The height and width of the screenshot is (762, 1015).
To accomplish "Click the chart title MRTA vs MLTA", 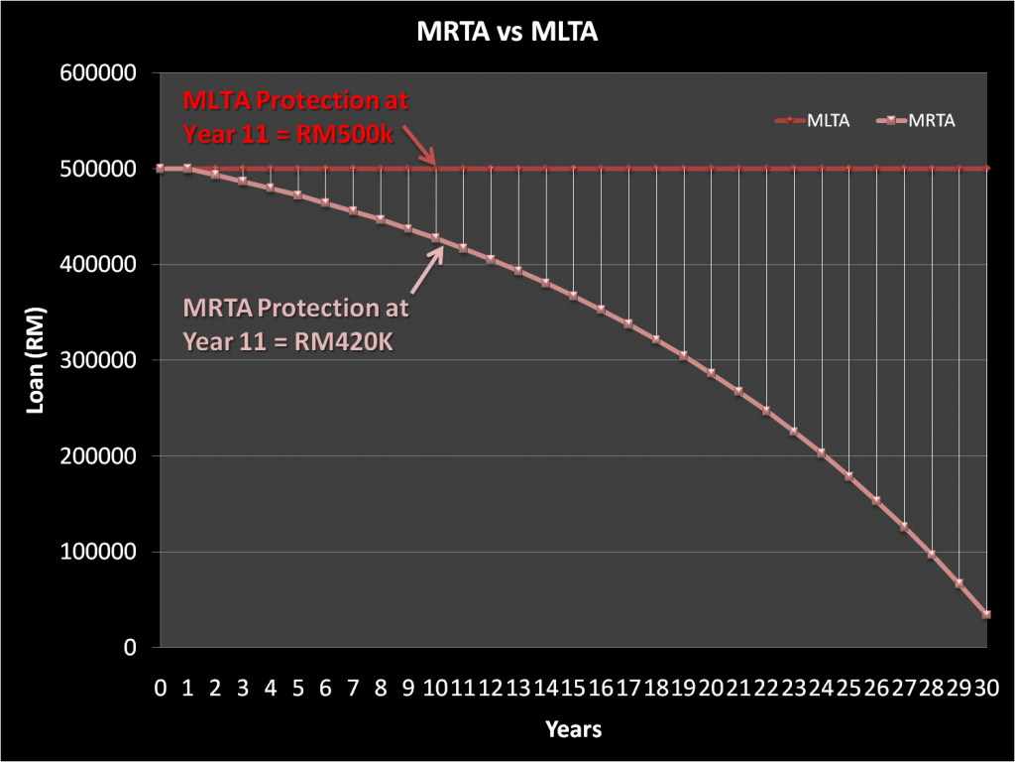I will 507,34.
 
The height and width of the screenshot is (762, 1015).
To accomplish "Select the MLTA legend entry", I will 820,120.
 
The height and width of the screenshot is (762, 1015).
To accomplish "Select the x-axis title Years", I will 573,730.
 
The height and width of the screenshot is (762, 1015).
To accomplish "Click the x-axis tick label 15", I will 573,687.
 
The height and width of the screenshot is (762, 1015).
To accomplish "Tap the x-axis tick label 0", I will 160,687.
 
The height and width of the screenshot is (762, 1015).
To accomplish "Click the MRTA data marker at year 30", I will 986,614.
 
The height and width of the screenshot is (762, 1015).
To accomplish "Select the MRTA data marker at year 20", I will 711,373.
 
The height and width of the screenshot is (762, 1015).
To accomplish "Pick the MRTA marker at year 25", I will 848,476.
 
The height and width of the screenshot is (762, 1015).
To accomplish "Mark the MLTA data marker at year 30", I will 986,169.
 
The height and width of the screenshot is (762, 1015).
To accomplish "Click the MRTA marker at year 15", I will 573,296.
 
